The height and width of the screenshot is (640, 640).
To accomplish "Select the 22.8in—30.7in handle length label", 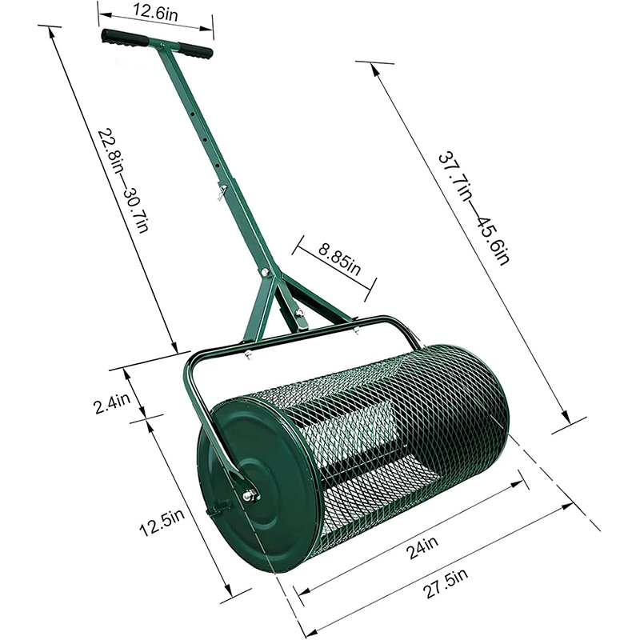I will coord(127,179).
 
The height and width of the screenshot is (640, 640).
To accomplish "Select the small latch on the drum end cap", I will coord(216,509).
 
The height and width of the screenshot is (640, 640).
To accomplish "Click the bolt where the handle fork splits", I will coord(262,276).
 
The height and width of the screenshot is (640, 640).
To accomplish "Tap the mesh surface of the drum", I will coord(400,424).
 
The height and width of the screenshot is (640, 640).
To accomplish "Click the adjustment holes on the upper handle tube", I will coord(204,136).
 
